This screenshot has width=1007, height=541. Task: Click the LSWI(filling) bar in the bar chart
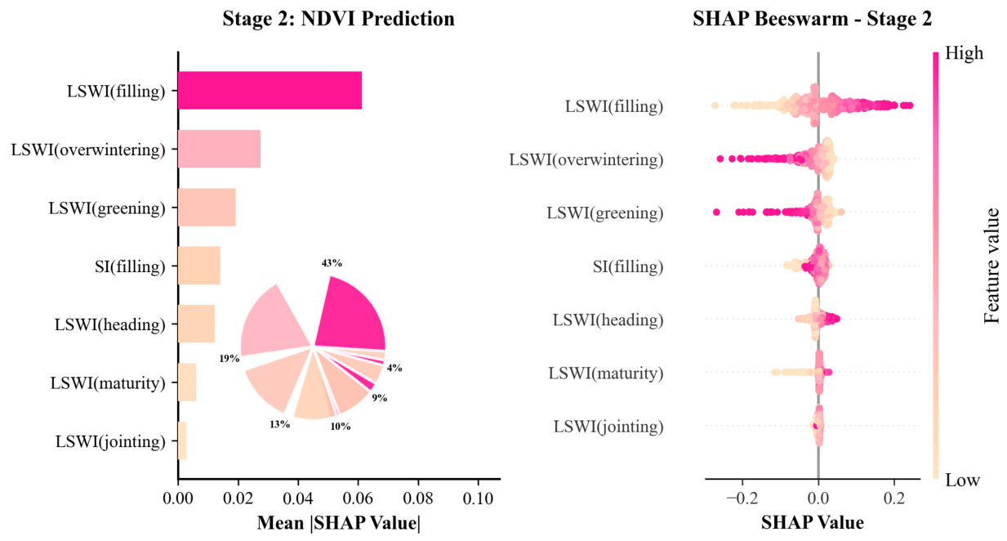point(270,91)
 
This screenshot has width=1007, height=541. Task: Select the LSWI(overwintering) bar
point(220,149)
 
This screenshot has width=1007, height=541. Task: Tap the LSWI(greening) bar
point(207,208)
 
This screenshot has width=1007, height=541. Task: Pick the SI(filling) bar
point(199,266)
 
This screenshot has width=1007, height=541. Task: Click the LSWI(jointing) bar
point(182,440)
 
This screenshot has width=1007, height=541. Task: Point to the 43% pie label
point(332,263)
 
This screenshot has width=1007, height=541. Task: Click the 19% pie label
point(229,359)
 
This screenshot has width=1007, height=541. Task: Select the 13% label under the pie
point(279,424)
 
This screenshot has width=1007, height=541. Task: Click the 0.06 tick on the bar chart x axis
point(359,499)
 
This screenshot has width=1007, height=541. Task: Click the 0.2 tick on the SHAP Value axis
point(894,499)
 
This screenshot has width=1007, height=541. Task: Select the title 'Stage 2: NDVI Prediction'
point(338,19)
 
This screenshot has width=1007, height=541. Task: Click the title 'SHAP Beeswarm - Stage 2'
point(813,19)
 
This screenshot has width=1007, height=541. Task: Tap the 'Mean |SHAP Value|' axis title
point(339,523)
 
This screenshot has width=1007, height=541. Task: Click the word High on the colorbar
point(964,53)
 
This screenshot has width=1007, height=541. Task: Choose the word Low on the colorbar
point(963,480)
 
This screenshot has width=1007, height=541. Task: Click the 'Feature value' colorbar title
point(991,266)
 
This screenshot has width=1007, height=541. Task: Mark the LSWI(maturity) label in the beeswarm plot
point(605,373)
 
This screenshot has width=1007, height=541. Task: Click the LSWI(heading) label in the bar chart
point(110,324)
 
